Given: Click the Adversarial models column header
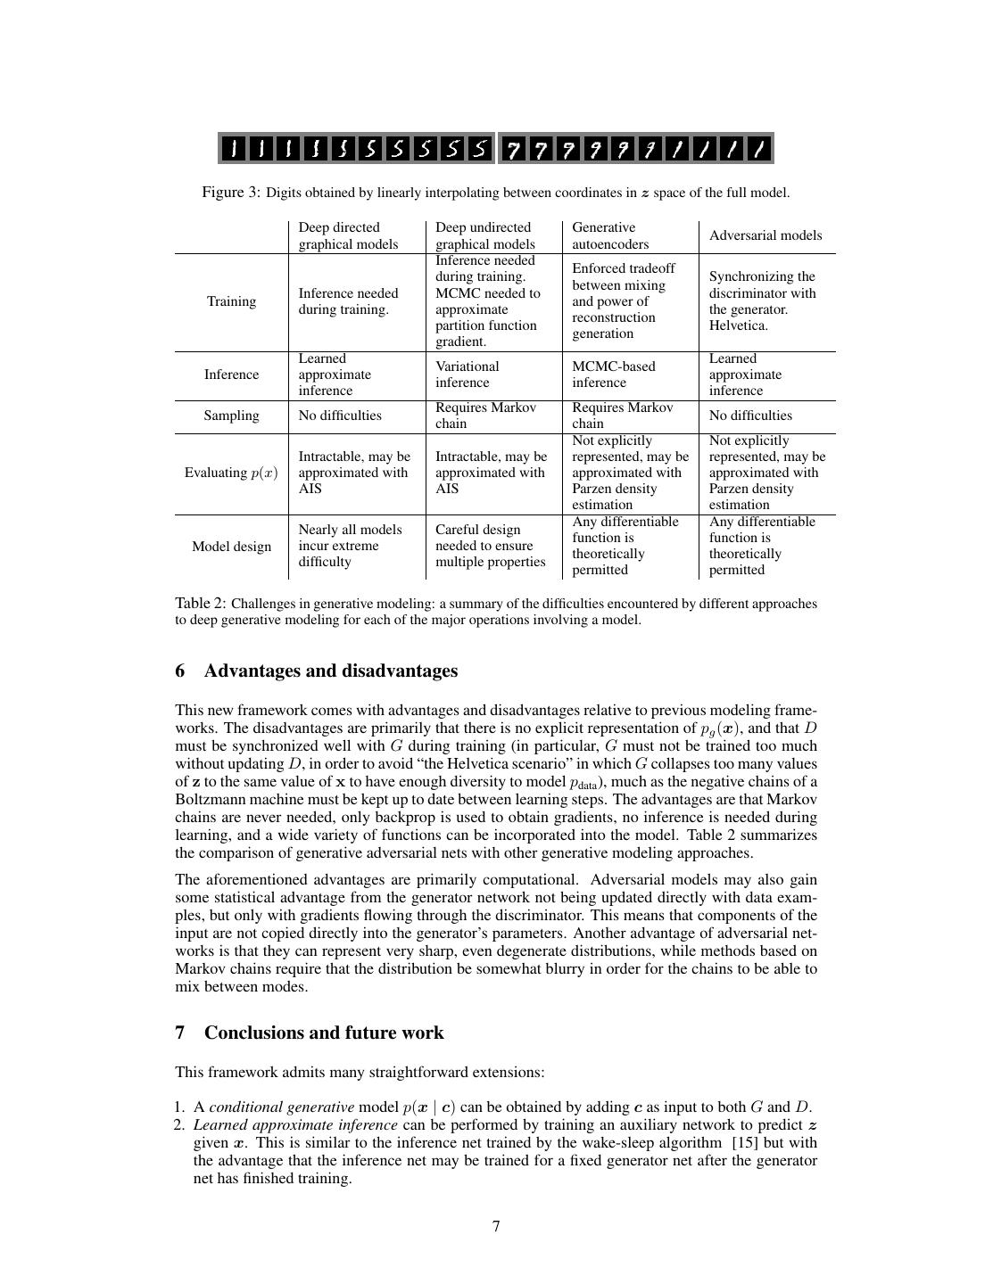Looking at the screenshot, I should point(765,235).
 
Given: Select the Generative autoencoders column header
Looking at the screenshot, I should point(611,235).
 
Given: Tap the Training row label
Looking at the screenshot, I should point(231,301).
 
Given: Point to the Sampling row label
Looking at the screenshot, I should point(231,416).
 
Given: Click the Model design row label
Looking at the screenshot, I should point(231,547).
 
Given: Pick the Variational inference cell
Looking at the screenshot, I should point(467,374).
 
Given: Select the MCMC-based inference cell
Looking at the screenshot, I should point(613,374).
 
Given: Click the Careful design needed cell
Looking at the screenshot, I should point(490,546).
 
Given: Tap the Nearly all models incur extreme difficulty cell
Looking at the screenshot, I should point(350,546).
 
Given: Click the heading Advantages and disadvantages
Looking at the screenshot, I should point(330,671).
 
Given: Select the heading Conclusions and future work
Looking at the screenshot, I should point(323,1033).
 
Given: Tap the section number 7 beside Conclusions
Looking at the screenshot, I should point(180,1033).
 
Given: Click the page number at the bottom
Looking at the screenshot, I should point(496,1227).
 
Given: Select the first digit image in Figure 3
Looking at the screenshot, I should point(234,149).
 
